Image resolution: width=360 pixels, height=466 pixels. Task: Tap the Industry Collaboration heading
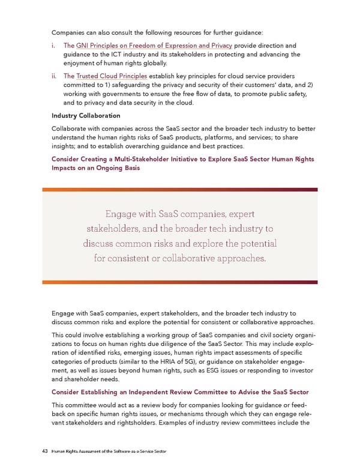coord(86,115)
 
